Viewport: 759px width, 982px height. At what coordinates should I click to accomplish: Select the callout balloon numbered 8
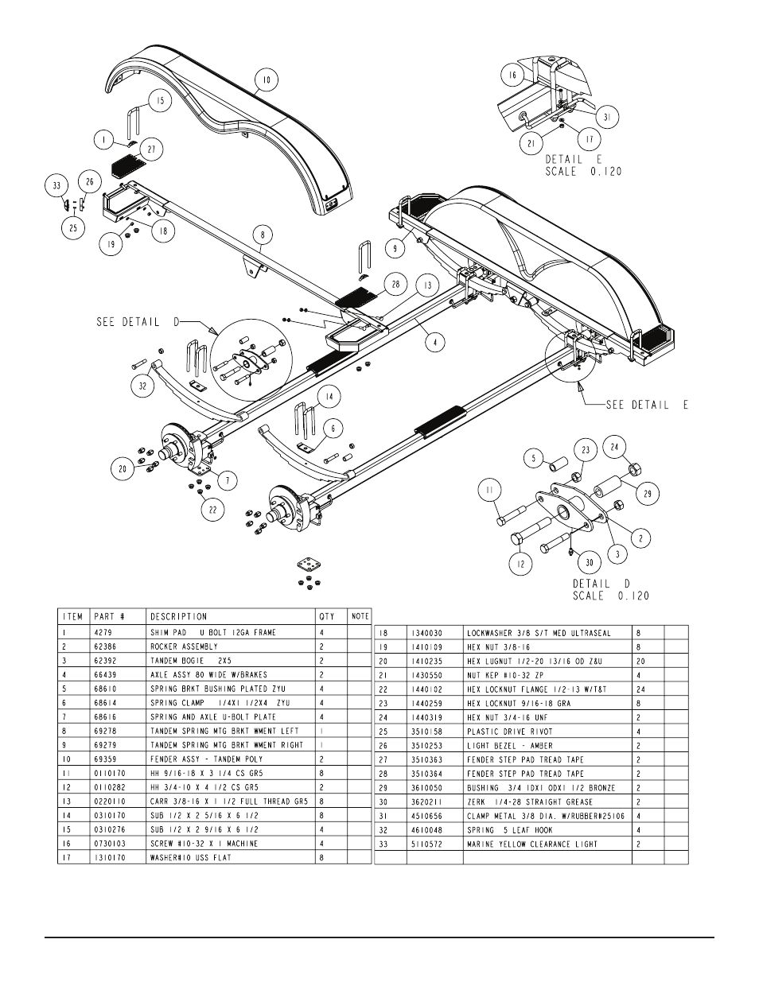pyautogui.click(x=263, y=235)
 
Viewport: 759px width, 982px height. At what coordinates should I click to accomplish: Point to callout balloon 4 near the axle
pyautogui.click(x=434, y=343)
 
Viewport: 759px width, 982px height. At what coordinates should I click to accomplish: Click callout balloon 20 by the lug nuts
pyautogui.click(x=123, y=469)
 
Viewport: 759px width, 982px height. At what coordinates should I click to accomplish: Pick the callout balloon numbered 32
pyautogui.click(x=142, y=386)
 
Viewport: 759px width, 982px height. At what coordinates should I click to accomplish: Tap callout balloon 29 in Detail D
pyautogui.click(x=648, y=494)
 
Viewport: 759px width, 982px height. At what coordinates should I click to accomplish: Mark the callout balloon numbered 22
pyautogui.click(x=212, y=510)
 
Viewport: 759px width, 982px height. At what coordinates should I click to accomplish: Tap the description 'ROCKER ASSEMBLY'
pyautogui.click(x=184, y=646)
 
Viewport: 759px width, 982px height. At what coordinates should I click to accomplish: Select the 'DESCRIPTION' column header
pyautogui.click(x=179, y=616)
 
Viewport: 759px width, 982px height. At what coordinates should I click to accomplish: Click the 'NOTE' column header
pyautogui.click(x=360, y=616)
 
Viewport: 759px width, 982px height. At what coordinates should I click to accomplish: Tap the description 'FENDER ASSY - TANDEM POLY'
pyautogui.click(x=195, y=759)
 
